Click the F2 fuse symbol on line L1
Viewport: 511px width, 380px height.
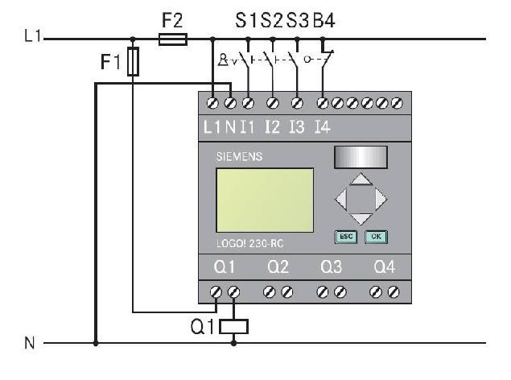173,39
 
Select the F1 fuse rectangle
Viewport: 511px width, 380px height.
133,62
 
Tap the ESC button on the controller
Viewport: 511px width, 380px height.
346,237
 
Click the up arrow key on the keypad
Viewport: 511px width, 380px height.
361,179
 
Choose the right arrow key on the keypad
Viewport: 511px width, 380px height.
381,199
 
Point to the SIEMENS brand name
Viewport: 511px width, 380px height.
239,156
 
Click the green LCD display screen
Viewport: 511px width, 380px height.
265,200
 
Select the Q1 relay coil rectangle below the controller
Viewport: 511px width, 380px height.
233,327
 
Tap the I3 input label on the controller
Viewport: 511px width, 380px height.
297,126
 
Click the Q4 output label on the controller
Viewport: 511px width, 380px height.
385,267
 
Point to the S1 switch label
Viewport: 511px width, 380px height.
247,21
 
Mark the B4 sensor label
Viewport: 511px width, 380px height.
324,21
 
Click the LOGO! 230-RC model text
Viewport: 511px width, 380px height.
250,244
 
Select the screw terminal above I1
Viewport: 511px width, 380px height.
249,103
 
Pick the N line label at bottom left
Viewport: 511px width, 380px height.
29,343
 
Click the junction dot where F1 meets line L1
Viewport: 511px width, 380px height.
133,39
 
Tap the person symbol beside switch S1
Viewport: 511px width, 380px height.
223,60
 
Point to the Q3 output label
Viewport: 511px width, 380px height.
331,267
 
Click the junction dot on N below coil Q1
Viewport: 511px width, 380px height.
233,343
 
